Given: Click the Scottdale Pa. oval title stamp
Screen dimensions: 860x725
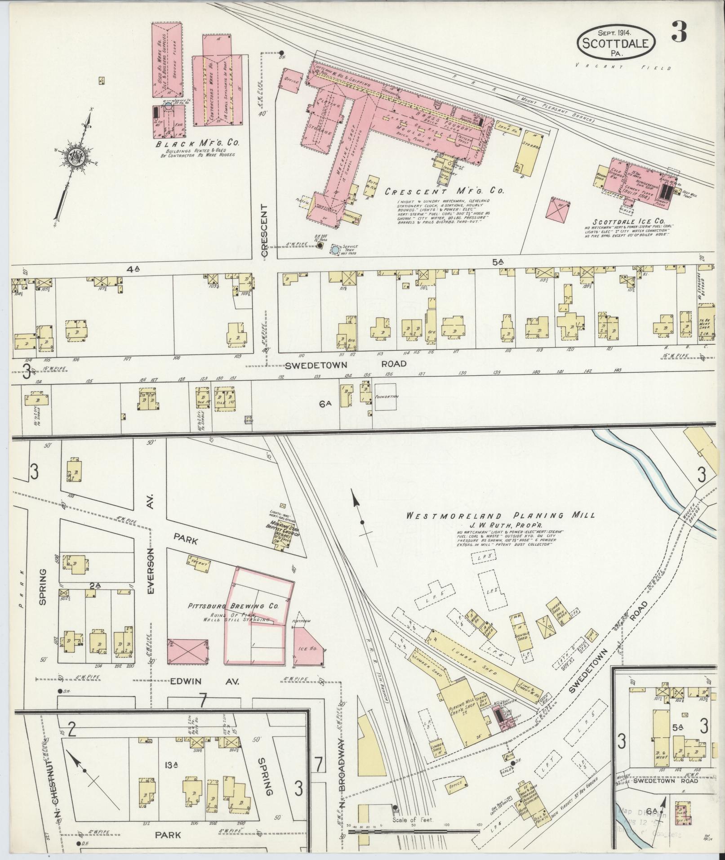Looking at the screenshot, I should [616, 41].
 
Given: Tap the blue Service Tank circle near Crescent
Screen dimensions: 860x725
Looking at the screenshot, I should [335, 248].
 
